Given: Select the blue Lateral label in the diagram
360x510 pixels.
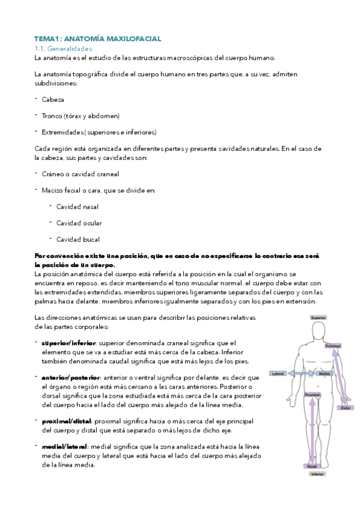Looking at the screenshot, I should (278, 373).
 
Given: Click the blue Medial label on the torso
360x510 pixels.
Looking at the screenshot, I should (324, 373).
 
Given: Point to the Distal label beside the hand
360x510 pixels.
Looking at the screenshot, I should (345, 408).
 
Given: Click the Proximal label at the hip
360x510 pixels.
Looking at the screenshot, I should (311, 395).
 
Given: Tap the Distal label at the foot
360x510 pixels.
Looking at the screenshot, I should (312, 466).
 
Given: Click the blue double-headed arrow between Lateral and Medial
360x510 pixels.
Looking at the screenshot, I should (301, 373).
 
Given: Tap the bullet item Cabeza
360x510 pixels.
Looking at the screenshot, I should (53, 99).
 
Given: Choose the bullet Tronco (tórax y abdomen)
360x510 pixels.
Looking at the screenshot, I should (81, 115).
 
